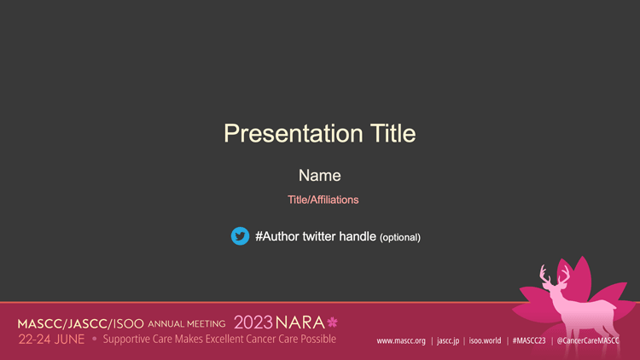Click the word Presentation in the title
[x=294, y=134]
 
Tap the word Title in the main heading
[x=393, y=133]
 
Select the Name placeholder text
[x=320, y=176]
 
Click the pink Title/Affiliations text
[x=323, y=200]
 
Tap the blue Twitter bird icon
[x=240, y=236]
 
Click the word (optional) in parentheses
[x=400, y=237]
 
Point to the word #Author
[x=277, y=236]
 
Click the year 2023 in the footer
[x=253, y=322]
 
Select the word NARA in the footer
[x=300, y=322]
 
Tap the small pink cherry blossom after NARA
[x=332, y=322]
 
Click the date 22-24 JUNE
[x=51, y=340]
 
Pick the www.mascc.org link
[x=401, y=341]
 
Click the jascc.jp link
[x=448, y=341]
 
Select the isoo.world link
[x=485, y=340]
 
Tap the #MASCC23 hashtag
[x=529, y=340]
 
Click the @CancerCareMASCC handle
[x=588, y=340]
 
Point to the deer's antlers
[x=555, y=275]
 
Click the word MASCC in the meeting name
[x=39, y=324]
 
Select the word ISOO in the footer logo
[x=128, y=324]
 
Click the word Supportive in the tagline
[x=126, y=340]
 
